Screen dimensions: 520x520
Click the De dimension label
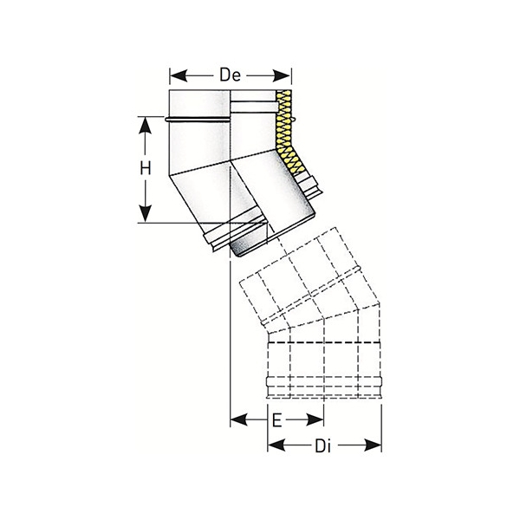(x=230, y=75)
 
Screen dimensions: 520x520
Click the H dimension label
(x=146, y=168)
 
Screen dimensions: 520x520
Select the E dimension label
(x=277, y=420)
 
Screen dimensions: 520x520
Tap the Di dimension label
(x=323, y=446)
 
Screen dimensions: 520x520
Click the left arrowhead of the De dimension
(x=178, y=76)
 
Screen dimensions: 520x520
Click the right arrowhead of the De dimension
(x=283, y=76)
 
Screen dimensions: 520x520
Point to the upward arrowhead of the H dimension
(x=146, y=125)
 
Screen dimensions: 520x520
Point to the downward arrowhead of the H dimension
(x=146, y=214)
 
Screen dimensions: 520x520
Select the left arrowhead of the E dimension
(x=239, y=419)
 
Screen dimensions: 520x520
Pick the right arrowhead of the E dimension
(x=315, y=419)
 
